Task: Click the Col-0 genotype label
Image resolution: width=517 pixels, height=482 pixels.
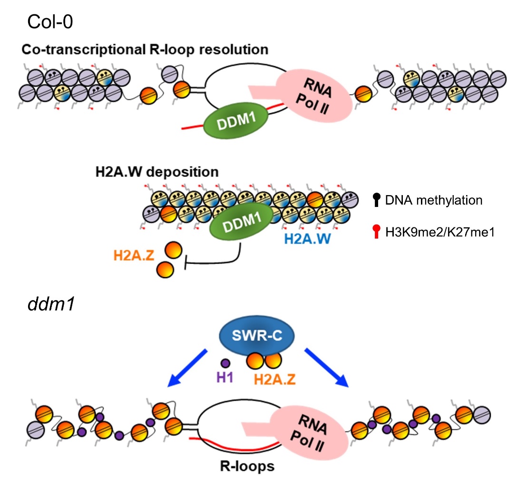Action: pos(50,21)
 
